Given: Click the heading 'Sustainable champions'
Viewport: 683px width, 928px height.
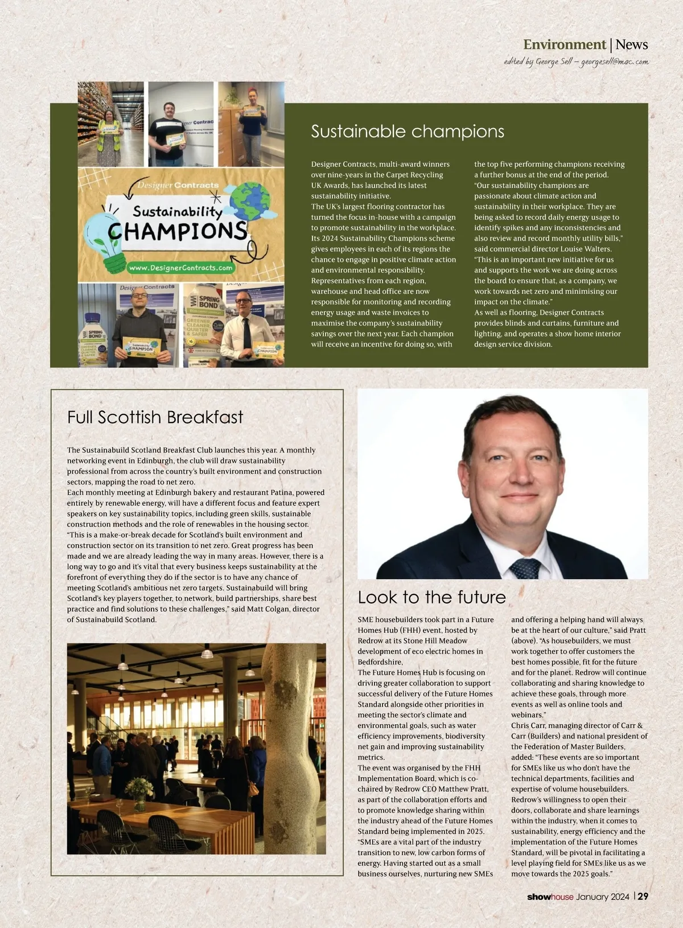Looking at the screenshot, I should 408,132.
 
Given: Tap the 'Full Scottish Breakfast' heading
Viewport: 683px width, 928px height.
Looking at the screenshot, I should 155,417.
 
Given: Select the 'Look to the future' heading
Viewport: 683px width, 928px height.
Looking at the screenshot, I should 431,597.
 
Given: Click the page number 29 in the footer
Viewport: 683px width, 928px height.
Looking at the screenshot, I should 643,896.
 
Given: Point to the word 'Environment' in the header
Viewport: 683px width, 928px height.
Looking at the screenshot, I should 564,44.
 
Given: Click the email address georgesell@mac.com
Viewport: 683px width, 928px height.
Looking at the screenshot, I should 614,61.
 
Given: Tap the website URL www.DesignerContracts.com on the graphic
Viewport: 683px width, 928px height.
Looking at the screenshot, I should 180,268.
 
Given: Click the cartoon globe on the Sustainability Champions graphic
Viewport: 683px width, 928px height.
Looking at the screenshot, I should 251,199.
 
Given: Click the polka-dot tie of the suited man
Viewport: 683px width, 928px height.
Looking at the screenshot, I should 525,568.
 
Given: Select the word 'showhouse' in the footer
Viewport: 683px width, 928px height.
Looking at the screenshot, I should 550,897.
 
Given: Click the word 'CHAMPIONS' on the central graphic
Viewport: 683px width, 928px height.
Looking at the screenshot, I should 177,231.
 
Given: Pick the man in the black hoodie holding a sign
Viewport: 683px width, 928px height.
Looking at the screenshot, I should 138,327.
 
